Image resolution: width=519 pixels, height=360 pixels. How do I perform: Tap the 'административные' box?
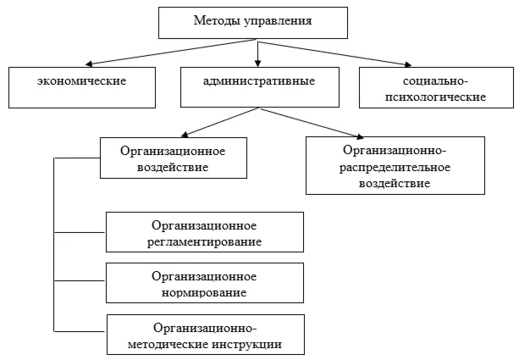258,83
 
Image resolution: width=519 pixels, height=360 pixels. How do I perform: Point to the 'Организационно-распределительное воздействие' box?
395,166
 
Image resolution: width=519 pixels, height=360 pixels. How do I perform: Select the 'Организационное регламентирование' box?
204,233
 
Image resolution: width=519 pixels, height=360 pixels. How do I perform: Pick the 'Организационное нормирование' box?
204,284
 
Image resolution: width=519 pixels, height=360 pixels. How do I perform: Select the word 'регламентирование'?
204,241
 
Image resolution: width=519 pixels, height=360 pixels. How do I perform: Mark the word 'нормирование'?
204,292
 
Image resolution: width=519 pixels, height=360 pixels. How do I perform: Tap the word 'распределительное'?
395,166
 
